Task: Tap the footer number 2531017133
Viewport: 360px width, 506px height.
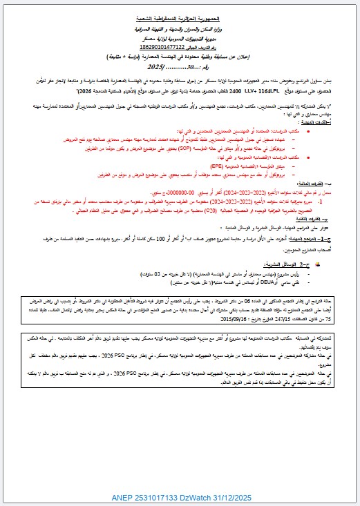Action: [x=172, y=497]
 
